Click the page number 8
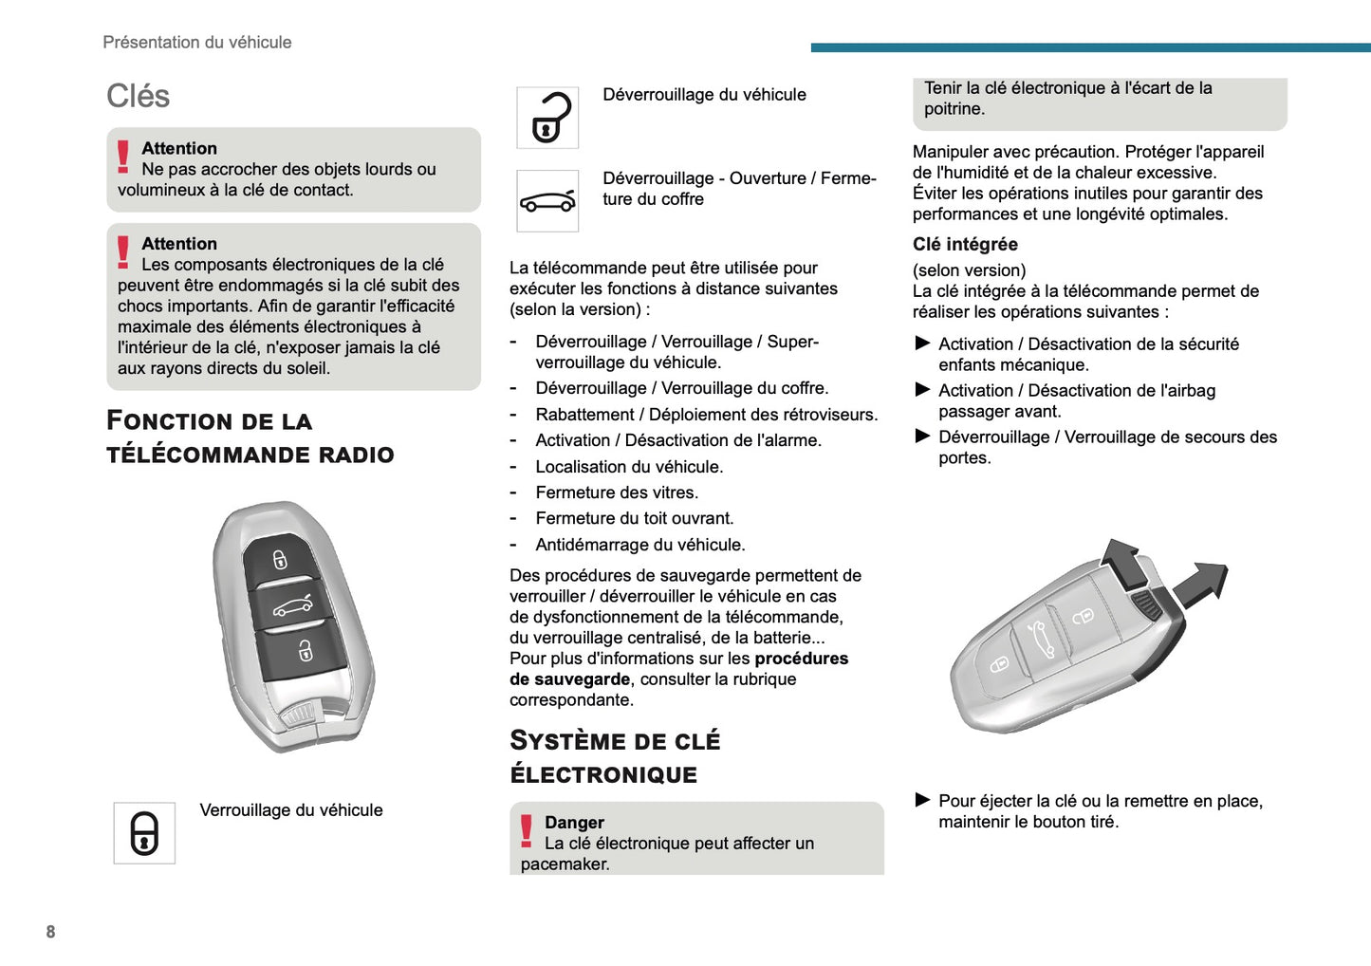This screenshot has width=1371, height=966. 50,932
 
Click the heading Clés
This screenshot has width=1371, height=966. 138,96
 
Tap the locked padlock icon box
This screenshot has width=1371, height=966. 144,833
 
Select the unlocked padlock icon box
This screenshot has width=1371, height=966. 547,118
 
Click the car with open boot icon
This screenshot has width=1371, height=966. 547,201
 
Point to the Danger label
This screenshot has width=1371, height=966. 574,823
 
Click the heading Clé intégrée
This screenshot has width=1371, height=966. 965,244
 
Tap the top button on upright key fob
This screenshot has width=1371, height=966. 280,558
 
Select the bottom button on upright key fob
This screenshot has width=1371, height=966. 304,651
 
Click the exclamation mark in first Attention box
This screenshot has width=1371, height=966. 123,157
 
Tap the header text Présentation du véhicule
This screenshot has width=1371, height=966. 197,42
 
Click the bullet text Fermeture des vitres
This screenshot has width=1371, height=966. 617,492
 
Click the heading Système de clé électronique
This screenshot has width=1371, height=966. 615,757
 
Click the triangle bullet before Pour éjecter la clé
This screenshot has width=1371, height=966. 922,800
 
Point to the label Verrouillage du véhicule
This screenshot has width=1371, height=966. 291,810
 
